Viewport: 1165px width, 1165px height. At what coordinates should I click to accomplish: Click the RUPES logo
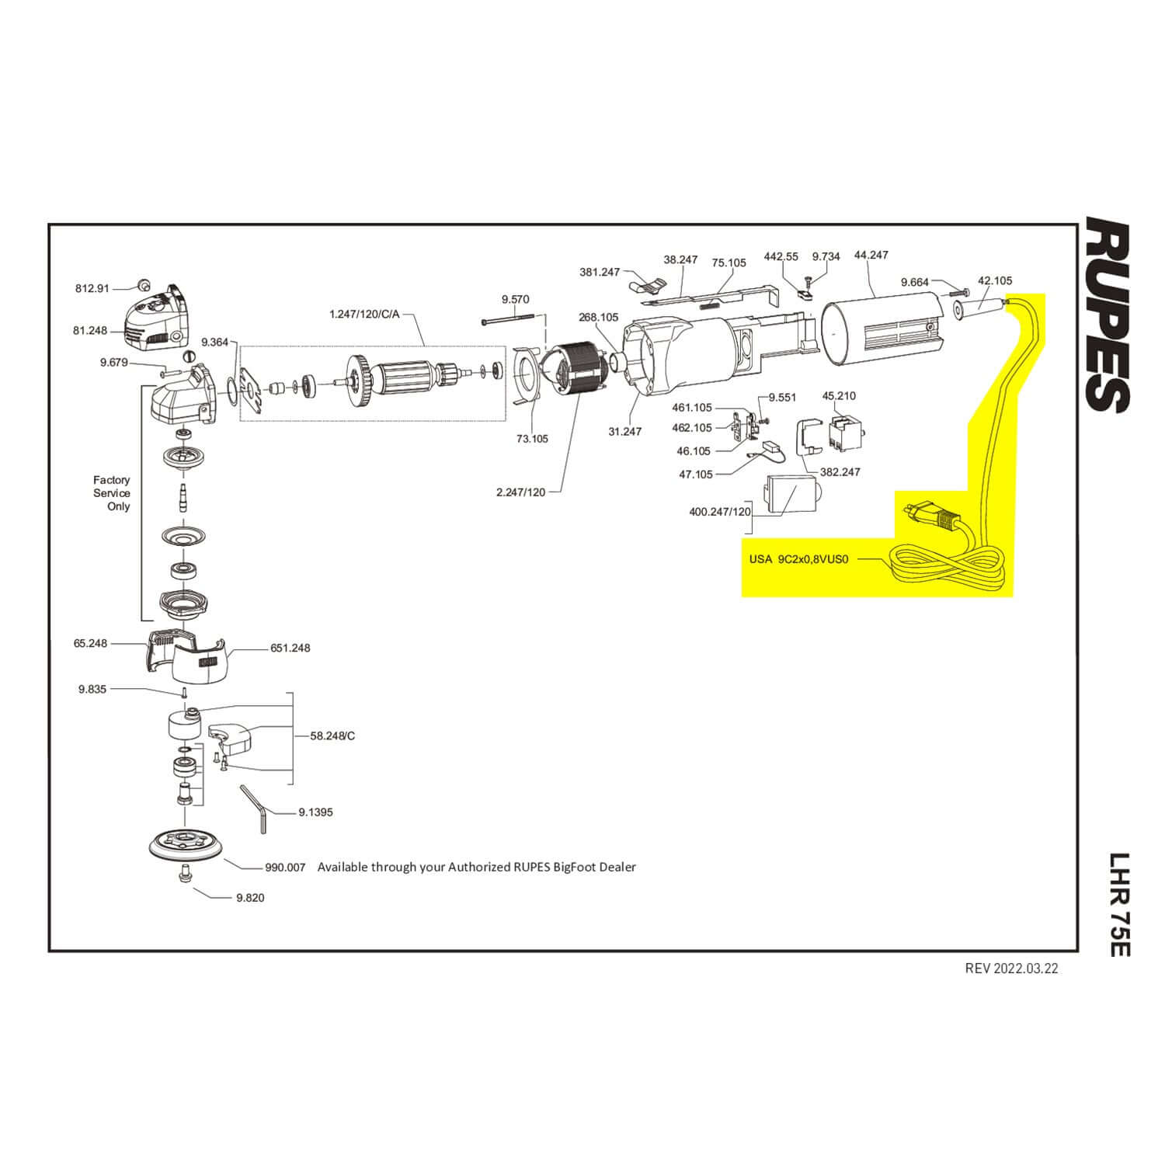[x=1107, y=315]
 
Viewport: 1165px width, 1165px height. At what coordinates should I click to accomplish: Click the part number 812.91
[x=92, y=288]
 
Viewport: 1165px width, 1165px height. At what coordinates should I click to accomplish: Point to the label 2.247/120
[x=520, y=492]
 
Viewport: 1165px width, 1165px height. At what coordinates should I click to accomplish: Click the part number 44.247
[x=871, y=255]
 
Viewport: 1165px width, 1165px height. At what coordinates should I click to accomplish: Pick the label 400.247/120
[x=720, y=512]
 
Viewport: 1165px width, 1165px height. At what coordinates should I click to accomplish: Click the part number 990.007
[x=286, y=867]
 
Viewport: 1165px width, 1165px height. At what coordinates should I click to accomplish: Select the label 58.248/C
[x=332, y=736]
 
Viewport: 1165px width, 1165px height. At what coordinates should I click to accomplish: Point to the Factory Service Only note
[x=112, y=493]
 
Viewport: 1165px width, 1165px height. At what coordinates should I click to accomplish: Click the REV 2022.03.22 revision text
[x=1011, y=969]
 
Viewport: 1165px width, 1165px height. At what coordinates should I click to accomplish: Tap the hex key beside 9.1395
[x=256, y=808]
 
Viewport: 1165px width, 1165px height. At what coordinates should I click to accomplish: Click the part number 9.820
[x=250, y=898]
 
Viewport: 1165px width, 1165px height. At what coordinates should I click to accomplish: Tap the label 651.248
[x=290, y=648]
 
